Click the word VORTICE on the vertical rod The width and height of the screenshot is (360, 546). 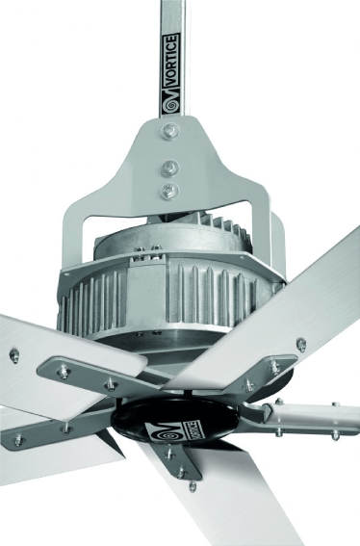point(172,59)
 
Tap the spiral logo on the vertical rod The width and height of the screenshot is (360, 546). point(170,106)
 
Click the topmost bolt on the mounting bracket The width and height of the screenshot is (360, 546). point(170,131)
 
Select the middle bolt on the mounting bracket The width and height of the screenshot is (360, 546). point(170,169)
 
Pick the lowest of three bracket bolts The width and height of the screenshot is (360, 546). point(169,191)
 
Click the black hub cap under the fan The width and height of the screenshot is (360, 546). point(175,419)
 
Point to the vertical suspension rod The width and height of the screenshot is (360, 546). point(172,59)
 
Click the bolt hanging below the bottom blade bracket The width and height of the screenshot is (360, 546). point(193,486)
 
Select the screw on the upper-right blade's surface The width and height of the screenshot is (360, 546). point(301,345)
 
